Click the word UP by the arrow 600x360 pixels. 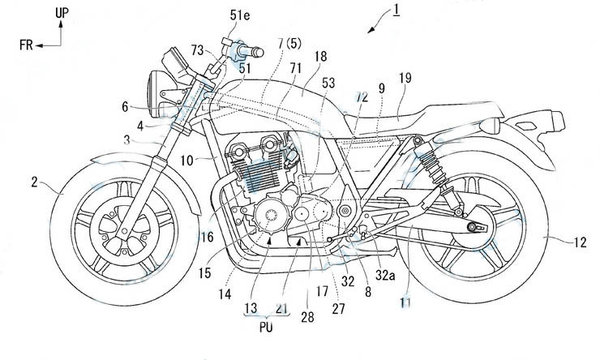point(62,13)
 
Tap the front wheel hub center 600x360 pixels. point(111,221)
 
